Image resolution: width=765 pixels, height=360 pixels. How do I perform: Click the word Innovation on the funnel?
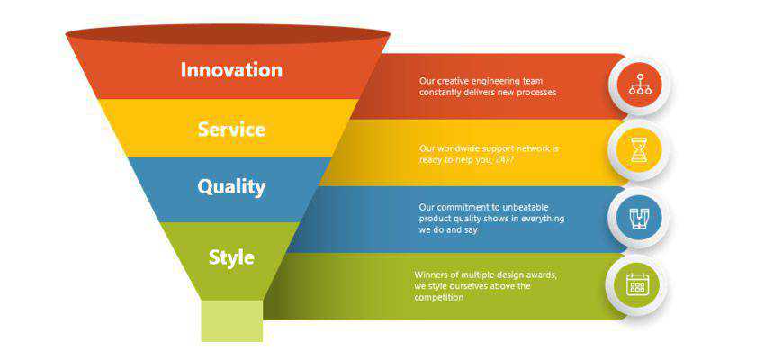coord(231,70)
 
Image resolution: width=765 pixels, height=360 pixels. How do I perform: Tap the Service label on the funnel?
coord(231,130)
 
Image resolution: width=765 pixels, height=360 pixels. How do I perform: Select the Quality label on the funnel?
coord(231,187)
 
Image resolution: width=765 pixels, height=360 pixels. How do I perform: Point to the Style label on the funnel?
coord(231,257)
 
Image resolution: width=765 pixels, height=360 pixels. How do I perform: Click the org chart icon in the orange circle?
coord(640,84)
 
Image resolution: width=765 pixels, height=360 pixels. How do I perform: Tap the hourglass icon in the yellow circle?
coord(639,149)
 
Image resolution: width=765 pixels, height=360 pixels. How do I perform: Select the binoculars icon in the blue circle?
coord(639,218)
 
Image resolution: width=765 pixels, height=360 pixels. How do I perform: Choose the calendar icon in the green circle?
coord(637,284)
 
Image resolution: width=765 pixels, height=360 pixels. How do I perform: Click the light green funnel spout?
coord(231,320)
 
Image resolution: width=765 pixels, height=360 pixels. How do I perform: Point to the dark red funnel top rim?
coord(228,34)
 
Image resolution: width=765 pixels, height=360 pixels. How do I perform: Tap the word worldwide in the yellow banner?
coord(457,148)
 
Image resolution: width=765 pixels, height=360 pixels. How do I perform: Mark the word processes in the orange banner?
coord(536,93)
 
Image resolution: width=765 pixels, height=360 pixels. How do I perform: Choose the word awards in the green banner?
coord(541,275)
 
